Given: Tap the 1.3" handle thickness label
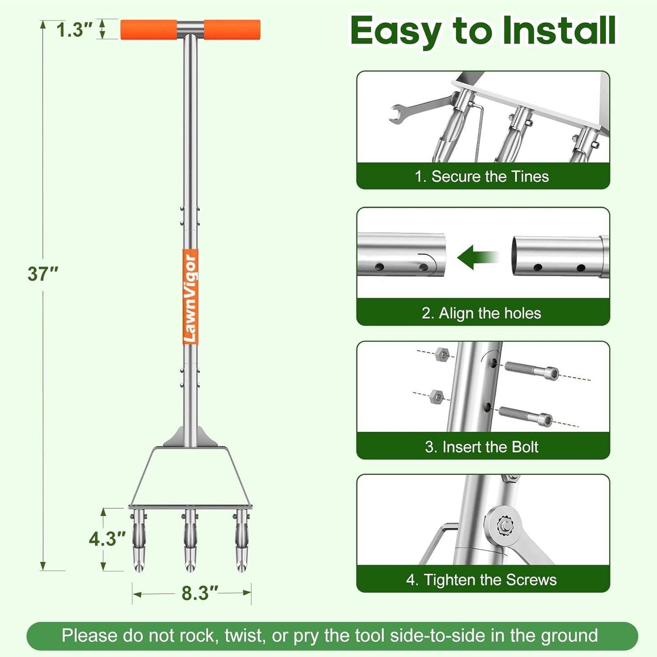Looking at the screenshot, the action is (74, 30).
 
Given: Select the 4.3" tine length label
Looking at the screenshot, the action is (107, 539).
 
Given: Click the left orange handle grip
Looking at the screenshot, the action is (149, 30).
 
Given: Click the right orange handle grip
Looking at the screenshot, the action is (232, 30).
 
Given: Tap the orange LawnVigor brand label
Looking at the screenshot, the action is (190, 296).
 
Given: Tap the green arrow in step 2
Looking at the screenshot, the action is (478, 257).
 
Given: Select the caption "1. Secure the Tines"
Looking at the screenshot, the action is (482, 176).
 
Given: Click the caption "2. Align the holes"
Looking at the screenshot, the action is (481, 313).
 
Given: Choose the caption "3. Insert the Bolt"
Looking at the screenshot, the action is (482, 446).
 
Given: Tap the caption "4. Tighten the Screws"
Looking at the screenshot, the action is (481, 580).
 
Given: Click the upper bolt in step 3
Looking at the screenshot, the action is (532, 370).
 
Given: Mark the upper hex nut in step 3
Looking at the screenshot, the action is (442, 355).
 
